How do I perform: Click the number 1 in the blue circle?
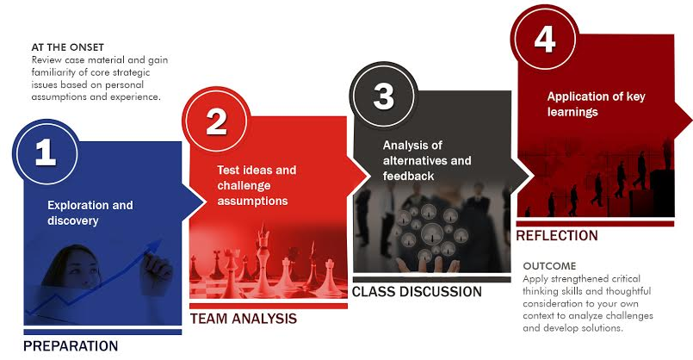46,152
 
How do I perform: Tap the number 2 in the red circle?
216,121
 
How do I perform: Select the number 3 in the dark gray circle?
383,96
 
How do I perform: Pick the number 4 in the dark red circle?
544,39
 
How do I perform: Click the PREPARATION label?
71,346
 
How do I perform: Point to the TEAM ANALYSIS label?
244,319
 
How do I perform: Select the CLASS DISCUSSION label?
417,292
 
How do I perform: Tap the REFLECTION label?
557,236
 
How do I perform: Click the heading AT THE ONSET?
68,47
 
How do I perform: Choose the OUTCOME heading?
549,266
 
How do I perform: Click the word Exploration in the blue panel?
77,206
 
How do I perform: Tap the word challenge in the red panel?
244,186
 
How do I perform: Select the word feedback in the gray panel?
408,176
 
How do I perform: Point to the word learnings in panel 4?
572,112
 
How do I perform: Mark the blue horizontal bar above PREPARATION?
102,332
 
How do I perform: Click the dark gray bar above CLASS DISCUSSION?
432,280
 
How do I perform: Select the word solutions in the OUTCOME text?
603,328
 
